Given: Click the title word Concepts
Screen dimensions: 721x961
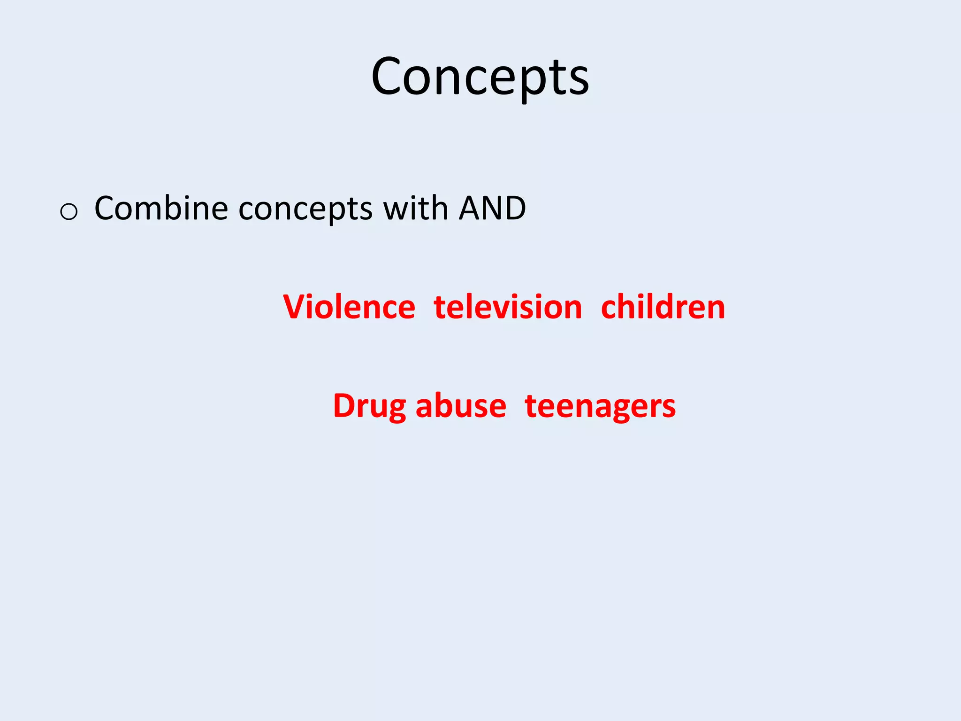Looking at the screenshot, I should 480,77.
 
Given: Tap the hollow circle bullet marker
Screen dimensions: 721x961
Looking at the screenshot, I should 69,212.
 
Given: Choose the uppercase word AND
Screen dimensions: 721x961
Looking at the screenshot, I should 492,208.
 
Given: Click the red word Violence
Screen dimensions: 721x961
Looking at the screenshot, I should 349,307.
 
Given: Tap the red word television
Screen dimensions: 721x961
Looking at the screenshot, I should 508,307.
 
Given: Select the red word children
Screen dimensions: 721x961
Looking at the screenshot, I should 663,307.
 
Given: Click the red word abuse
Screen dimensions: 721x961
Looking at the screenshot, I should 461,406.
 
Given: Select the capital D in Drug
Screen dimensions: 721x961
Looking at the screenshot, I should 344,406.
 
